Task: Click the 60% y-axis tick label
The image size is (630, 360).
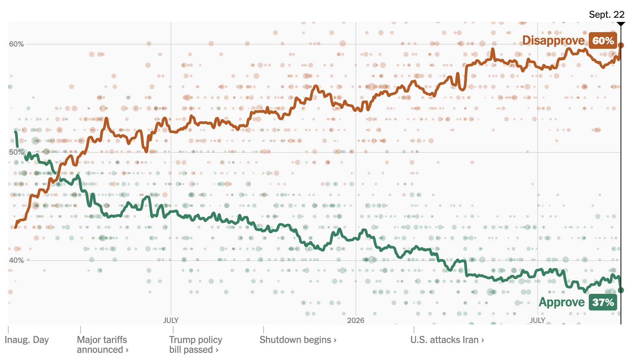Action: coord(16,44)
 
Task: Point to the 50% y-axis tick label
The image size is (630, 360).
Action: coord(16,152)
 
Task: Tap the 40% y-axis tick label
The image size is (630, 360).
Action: coord(16,260)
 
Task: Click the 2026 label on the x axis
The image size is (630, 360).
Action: coord(355,320)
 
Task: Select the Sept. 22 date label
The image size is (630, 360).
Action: coord(607,14)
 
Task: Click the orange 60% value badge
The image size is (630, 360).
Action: coord(603,41)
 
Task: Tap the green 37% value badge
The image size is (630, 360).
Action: coord(603,303)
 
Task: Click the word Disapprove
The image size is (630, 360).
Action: coord(554,41)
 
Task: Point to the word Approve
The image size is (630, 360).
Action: coord(562,303)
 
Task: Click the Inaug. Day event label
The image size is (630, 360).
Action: coord(27,340)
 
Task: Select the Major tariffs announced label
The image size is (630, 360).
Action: coord(102,344)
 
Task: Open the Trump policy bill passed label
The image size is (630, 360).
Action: coord(196,344)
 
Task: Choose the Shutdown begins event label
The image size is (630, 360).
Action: coord(298,340)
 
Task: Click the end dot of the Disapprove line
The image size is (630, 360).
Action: coord(621,45)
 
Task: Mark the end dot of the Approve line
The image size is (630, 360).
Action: coord(621,290)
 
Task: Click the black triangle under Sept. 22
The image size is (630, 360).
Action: coord(621,24)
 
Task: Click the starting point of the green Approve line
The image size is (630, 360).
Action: coord(16,132)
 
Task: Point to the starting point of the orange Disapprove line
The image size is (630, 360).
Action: coord(16,227)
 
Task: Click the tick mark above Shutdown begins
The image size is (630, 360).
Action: coord(263,330)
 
